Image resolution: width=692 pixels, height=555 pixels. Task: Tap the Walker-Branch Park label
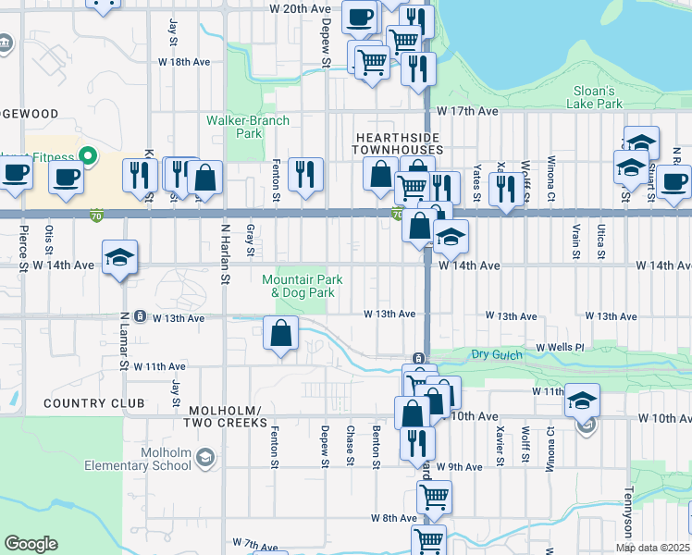(x=248, y=127)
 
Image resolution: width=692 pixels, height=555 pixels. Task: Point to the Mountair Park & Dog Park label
(x=303, y=286)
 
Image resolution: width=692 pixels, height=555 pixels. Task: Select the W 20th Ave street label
(x=300, y=8)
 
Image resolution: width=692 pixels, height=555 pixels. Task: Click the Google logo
(x=31, y=544)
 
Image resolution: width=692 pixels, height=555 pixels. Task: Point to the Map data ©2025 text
(x=653, y=548)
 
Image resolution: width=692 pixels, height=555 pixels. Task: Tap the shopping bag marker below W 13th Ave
(x=280, y=333)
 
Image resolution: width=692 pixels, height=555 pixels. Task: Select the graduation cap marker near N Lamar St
(x=119, y=258)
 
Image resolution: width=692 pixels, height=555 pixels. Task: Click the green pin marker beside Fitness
(x=89, y=155)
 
